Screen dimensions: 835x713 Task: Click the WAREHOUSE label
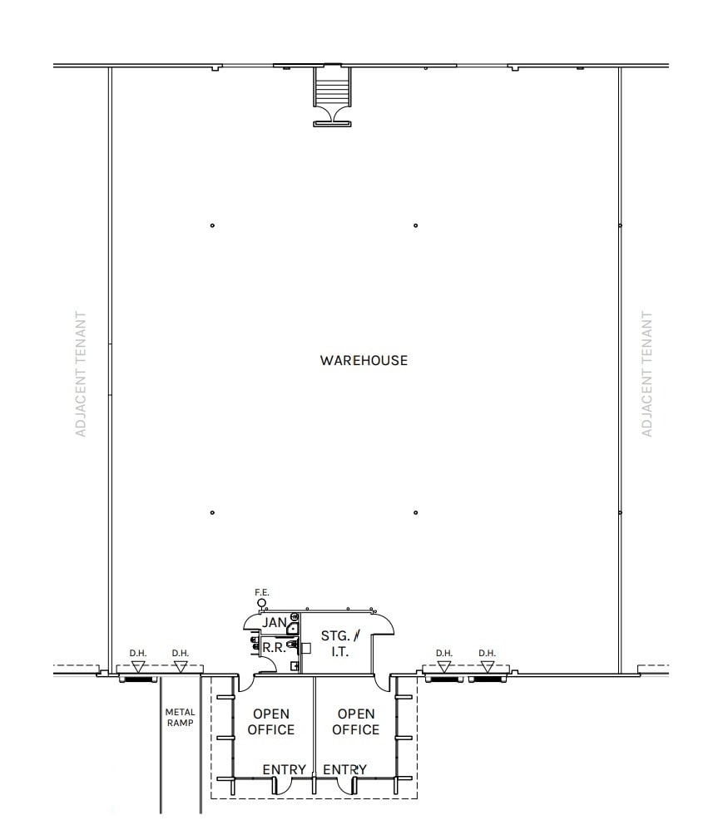[364, 360]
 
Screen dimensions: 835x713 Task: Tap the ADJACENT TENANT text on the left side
[81, 373]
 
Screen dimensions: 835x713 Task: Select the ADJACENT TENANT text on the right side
[646, 373]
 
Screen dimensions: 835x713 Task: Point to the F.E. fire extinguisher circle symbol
[262, 603]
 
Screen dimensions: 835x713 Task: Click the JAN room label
[274, 622]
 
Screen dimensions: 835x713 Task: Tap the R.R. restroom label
[274, 647]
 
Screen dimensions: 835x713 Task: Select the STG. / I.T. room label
[339, 644]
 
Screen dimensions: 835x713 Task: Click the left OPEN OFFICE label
[271, 722]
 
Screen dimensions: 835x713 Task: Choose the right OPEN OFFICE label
[355, 722]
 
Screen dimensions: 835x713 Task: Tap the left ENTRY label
[285, 769]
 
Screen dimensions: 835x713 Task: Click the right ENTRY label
[344, 769]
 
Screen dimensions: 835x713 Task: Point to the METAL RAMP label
[180, 717]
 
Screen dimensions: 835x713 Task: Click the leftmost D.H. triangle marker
[138, 666]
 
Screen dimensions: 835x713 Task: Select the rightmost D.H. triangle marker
[487, 666]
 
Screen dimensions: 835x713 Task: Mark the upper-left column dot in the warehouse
[212, 225]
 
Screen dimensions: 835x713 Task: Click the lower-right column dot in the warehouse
[415, 512]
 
